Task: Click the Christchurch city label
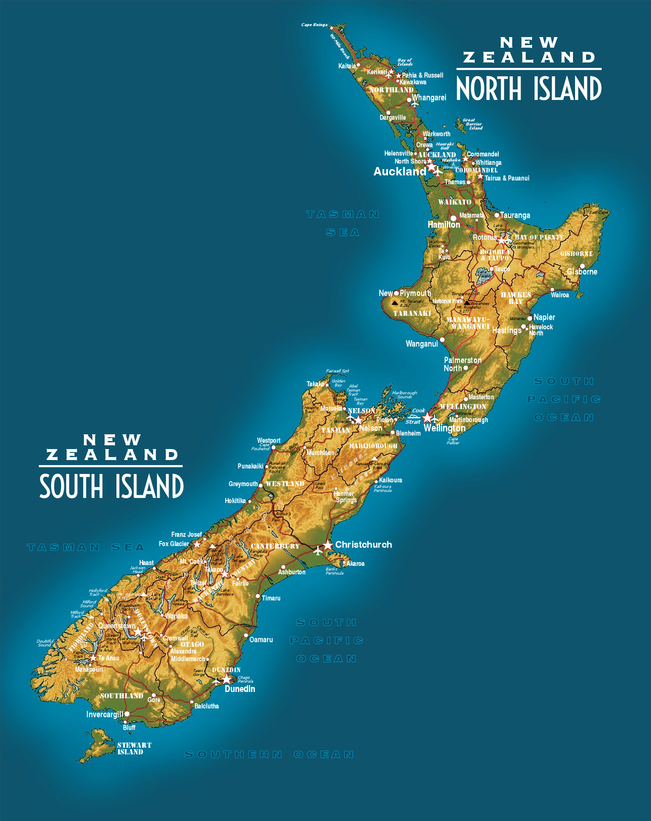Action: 363,544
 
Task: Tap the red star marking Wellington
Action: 427,417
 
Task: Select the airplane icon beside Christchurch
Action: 318,550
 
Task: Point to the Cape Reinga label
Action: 314,25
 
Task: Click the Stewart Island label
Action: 134,748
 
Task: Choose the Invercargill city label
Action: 104,714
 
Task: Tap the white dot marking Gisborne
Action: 582,266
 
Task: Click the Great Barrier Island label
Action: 473,124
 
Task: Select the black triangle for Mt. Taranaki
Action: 394,302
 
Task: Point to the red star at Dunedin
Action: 227,679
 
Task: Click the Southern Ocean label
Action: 269,754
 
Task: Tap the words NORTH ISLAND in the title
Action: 529,89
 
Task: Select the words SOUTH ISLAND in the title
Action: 111,486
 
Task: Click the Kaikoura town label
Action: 390,480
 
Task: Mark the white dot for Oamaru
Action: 246,635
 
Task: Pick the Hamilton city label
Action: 444,225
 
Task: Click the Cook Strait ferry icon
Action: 413,416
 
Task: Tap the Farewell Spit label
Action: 338,371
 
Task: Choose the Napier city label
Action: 544,317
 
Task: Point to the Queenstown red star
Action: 138,632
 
